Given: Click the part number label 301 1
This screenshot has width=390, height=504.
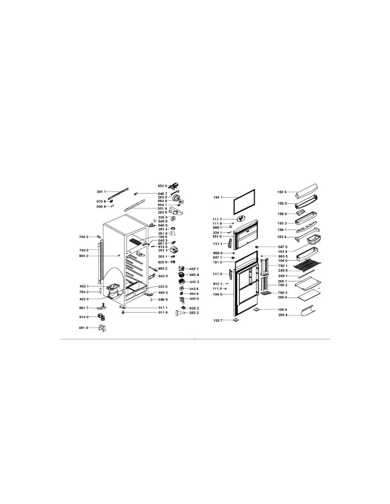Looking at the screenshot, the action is pyautogui.click(x=101, y=192).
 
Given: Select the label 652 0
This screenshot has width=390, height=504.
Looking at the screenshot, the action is pyautogui.click(x=162, y=186).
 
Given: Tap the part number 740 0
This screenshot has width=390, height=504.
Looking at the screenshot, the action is pyautogui.click(x=84, y=250).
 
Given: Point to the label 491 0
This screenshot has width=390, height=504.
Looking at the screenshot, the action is pyautogui.click(x=84, y=328).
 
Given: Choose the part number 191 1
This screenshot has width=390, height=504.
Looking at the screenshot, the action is pyautogui.click(x=218, y=198).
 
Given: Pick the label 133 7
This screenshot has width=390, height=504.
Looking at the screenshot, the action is pyautogui.click(x=218, y=320).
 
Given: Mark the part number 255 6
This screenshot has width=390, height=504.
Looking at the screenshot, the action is pyautogui.click(x=283, y=315).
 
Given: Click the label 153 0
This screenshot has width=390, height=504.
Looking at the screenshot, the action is pyautogui.click(x=282, y=192).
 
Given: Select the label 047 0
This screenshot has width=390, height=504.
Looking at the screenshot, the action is pyautogui.click(x=283, y=247).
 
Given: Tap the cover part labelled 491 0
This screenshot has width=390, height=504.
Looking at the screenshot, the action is pyautogui.click(x=103, y=328).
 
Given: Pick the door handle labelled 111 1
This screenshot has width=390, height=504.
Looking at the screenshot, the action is pyautogui.click(x=229, y=244).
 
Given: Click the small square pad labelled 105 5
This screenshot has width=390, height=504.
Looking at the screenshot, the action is pyautogui.click(x=256, y=309).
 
